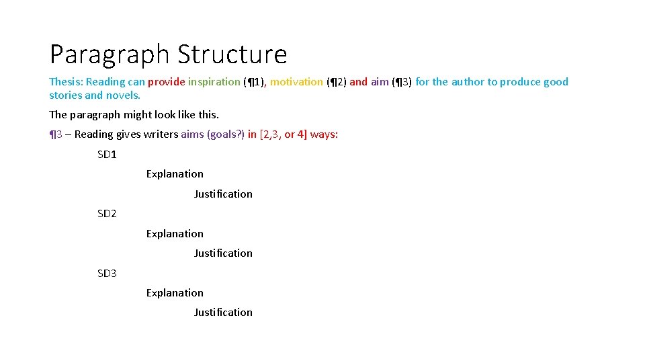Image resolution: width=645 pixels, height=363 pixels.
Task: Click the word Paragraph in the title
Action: click(110, 54)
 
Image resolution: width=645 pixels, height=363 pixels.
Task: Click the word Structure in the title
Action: click(232, 54)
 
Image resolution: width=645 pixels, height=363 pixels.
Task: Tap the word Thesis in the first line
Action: click(64, 82)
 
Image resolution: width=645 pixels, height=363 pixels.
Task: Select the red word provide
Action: click(166, 82)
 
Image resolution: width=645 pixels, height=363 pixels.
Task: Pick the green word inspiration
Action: click(214, 82)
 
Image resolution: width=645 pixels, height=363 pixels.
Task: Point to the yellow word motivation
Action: click(296, 82)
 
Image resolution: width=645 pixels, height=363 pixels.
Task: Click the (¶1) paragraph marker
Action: click(255, 82)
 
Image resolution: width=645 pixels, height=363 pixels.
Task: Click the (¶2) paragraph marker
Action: click(336, 82)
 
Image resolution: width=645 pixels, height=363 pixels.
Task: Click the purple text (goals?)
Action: click(222, 134)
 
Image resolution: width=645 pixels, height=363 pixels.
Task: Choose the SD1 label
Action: click(107, 155)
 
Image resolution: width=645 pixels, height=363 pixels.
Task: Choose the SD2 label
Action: click(107, 214)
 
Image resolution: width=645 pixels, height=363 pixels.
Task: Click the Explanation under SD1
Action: click(175, 174)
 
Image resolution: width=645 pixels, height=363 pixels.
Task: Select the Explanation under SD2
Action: click(175, 234)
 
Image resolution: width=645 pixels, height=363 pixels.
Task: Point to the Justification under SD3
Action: click(223, 313)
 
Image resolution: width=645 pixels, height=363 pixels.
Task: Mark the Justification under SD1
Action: click(223, 194)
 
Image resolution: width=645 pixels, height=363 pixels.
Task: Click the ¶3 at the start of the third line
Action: click(56, 134)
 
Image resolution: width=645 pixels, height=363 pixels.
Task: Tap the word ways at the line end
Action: click(324, 134)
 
